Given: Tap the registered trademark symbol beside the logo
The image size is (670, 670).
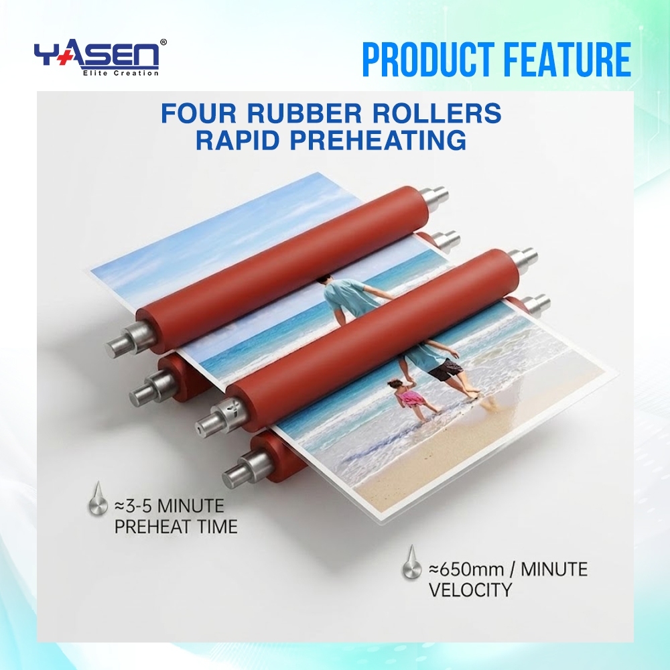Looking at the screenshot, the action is [163, 42].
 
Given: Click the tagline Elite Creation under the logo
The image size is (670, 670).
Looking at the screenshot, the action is [120, 73].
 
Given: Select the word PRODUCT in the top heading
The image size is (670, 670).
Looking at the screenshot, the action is [431, 60].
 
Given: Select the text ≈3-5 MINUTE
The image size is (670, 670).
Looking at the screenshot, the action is [170, 506].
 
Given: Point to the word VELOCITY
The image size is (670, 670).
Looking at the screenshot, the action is [470, 590].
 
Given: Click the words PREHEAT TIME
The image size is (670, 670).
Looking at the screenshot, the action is [176, 527].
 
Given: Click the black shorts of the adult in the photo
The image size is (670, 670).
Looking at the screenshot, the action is [446, 368].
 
